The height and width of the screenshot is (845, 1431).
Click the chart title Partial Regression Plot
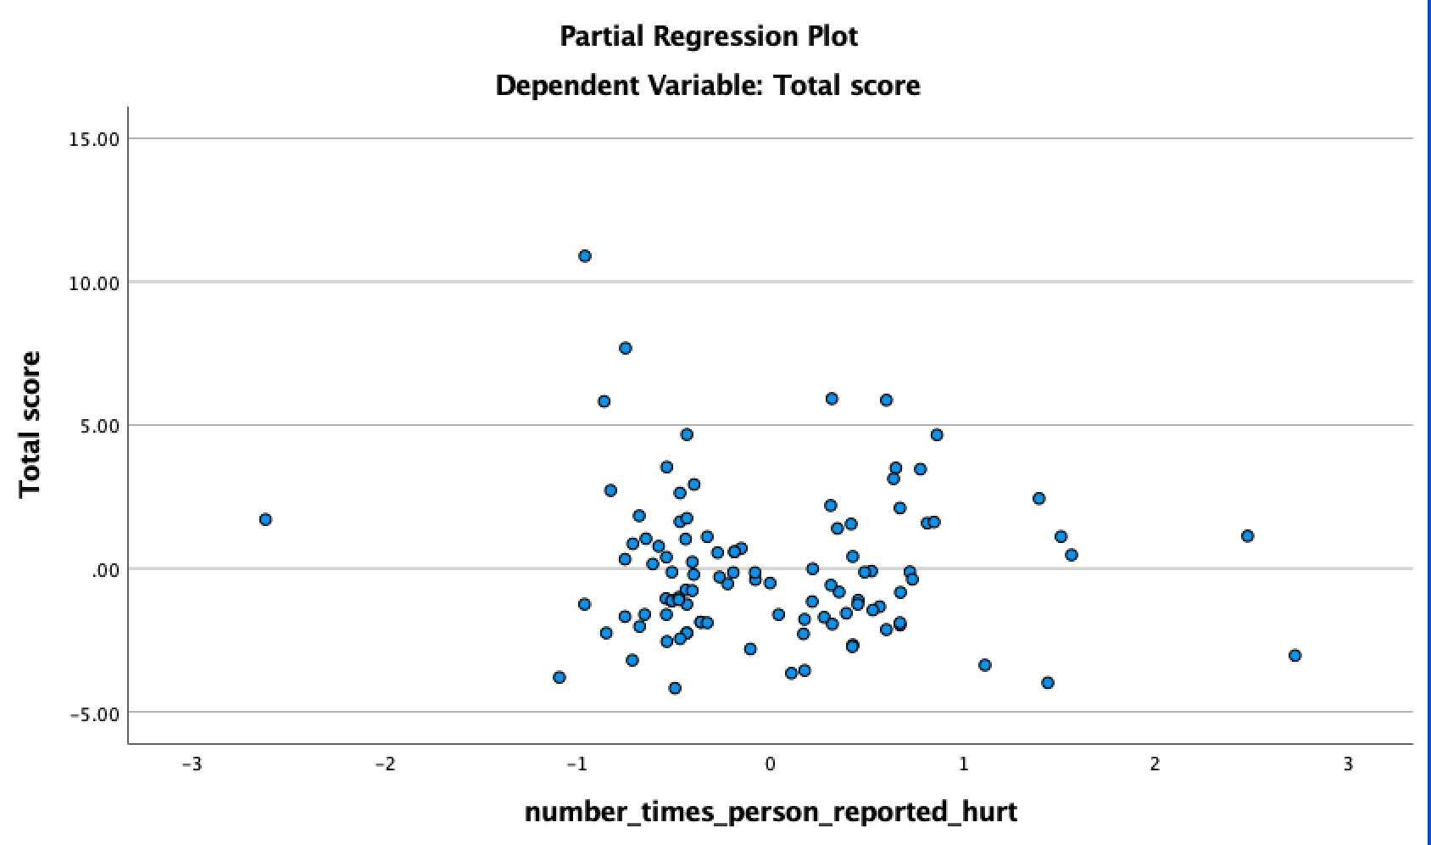pyautogui.click(x=709, y=36)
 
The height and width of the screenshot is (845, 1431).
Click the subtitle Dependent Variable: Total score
pyautogui.click(x=707, y=86)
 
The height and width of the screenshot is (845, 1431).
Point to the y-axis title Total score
pyautogui.click(x=31, y=424)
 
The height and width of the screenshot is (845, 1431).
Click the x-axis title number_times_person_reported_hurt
pyautogui.click(x=771, y=812)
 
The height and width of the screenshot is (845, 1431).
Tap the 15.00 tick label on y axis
pyautogui.click(x=93, y=139)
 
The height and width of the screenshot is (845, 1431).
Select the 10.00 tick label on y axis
pyautogui.click(x=93, y=283)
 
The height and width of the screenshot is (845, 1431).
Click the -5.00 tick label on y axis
pyautogui.click(x=93, y=713)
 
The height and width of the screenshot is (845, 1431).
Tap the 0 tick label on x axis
pyautogui.click(x=770, y=764)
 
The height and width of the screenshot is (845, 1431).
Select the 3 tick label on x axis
pyautogui.click(x=1348, y=764)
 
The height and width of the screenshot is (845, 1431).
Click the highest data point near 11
pyautogui.click(x=584, y=256)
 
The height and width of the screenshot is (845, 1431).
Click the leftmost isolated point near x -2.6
pyautogui.click(x=265, y=519)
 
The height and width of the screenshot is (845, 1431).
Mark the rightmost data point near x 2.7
pyautogui.click(x=1295, y=656)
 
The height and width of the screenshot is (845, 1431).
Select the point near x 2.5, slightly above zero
pyautogui.click(x=1247, y=536)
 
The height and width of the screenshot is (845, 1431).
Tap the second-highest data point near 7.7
pyautogui.click(x=626, y=348)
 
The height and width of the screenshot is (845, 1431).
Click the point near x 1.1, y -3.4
pyautogui.click(x=984, y=665)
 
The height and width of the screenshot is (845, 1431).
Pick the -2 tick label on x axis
pyautogui.click(x=385, y=764)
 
